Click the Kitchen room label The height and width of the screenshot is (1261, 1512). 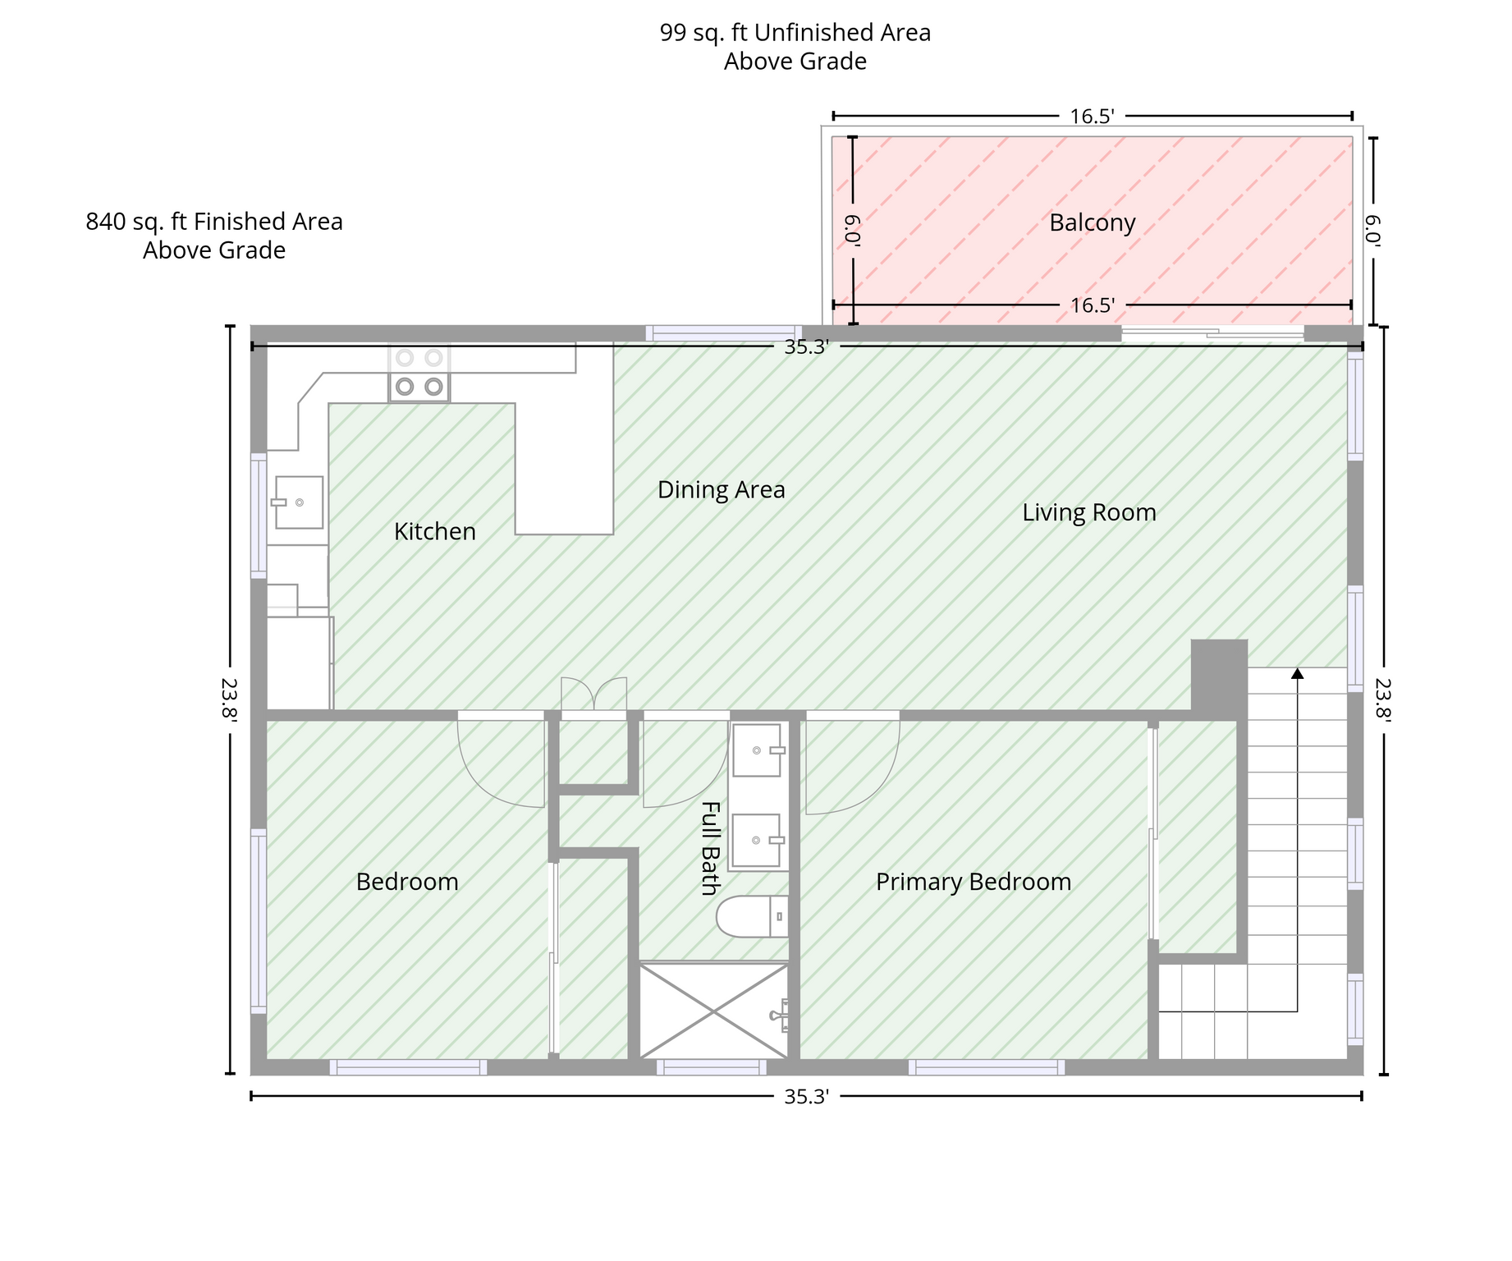pos(434,532)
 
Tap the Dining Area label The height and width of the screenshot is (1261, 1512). pos(721,490)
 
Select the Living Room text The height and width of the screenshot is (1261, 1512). pos(1088,513)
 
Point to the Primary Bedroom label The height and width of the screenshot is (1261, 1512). pos(974,883)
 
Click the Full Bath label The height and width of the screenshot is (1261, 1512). pos(710,848)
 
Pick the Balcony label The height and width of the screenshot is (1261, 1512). pos(1092,223)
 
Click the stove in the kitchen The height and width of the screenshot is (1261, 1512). pos(419,373)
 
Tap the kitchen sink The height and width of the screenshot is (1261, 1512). pos(298,502)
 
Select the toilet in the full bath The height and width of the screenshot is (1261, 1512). pos(752,917)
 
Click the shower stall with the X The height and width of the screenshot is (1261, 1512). pos(713,1011)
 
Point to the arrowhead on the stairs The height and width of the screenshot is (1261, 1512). pos(1297,673)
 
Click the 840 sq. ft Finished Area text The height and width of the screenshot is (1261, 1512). pos(214,222)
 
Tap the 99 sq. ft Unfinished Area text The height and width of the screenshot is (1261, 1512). pos(795,34)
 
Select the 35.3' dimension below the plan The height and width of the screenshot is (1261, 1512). pos(806,1097)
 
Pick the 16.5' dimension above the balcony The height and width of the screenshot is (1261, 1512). pos(1092,117)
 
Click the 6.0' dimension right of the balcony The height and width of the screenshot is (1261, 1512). pos(1373,231)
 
